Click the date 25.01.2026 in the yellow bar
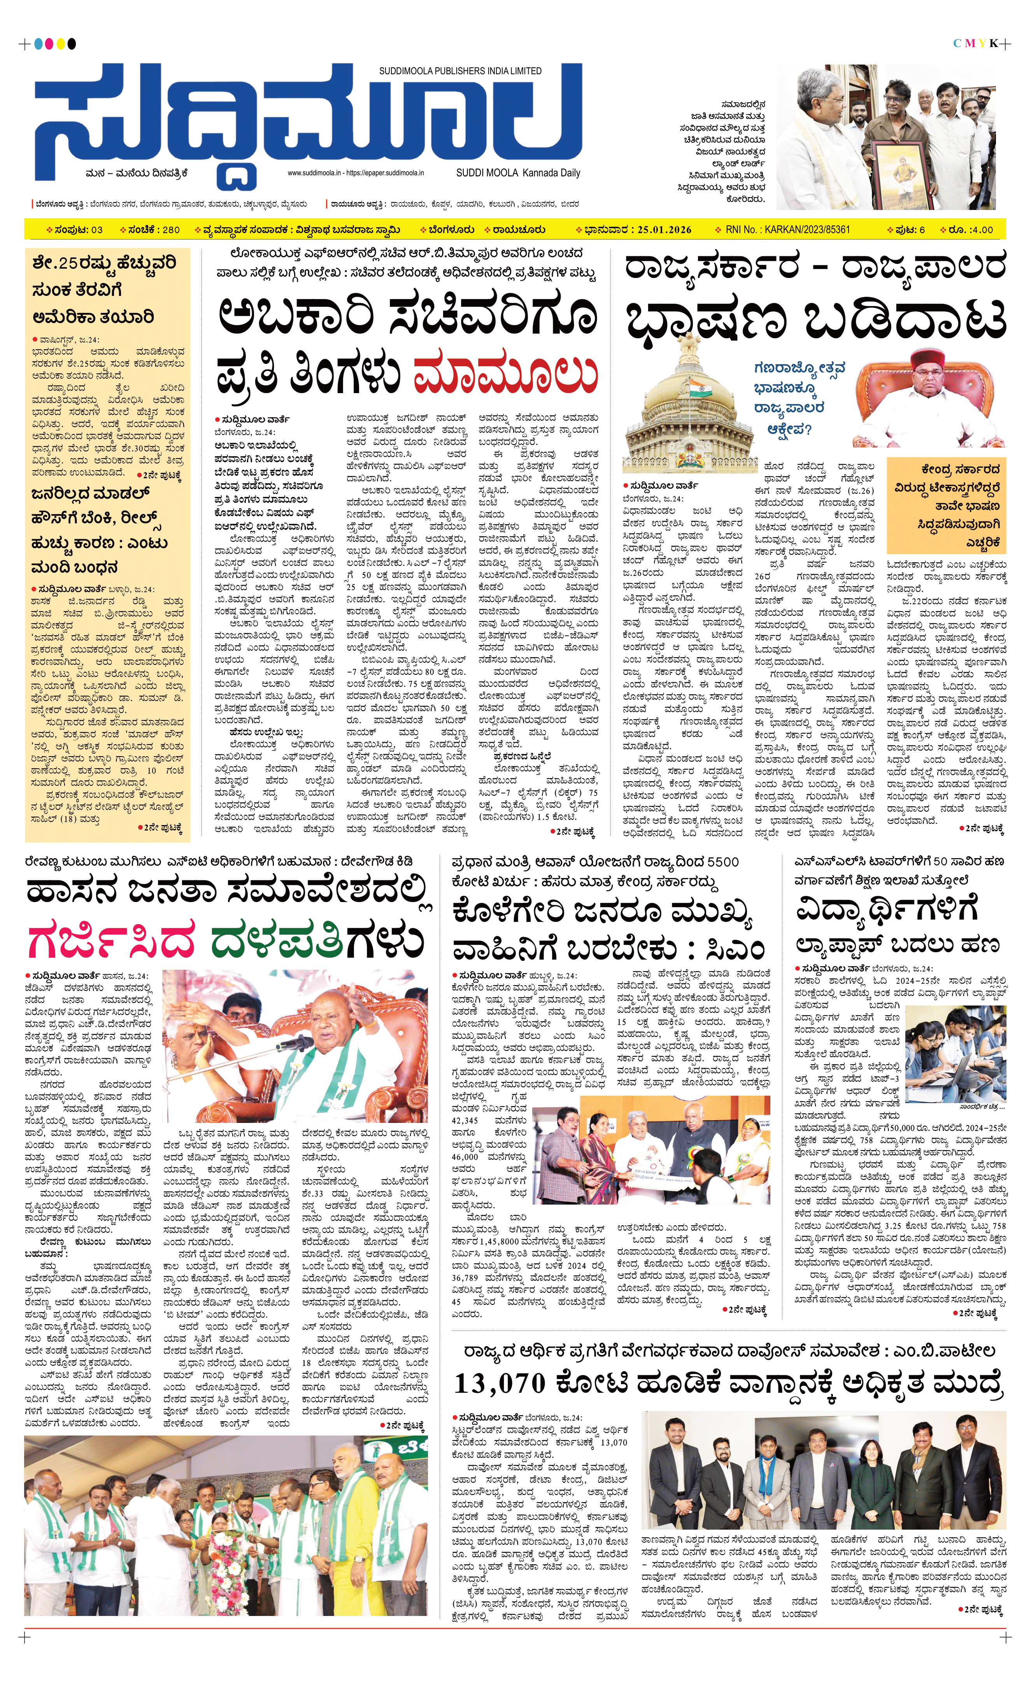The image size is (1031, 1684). [x=664, y=230]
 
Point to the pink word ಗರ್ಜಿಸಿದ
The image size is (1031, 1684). [x=111, y=941]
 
